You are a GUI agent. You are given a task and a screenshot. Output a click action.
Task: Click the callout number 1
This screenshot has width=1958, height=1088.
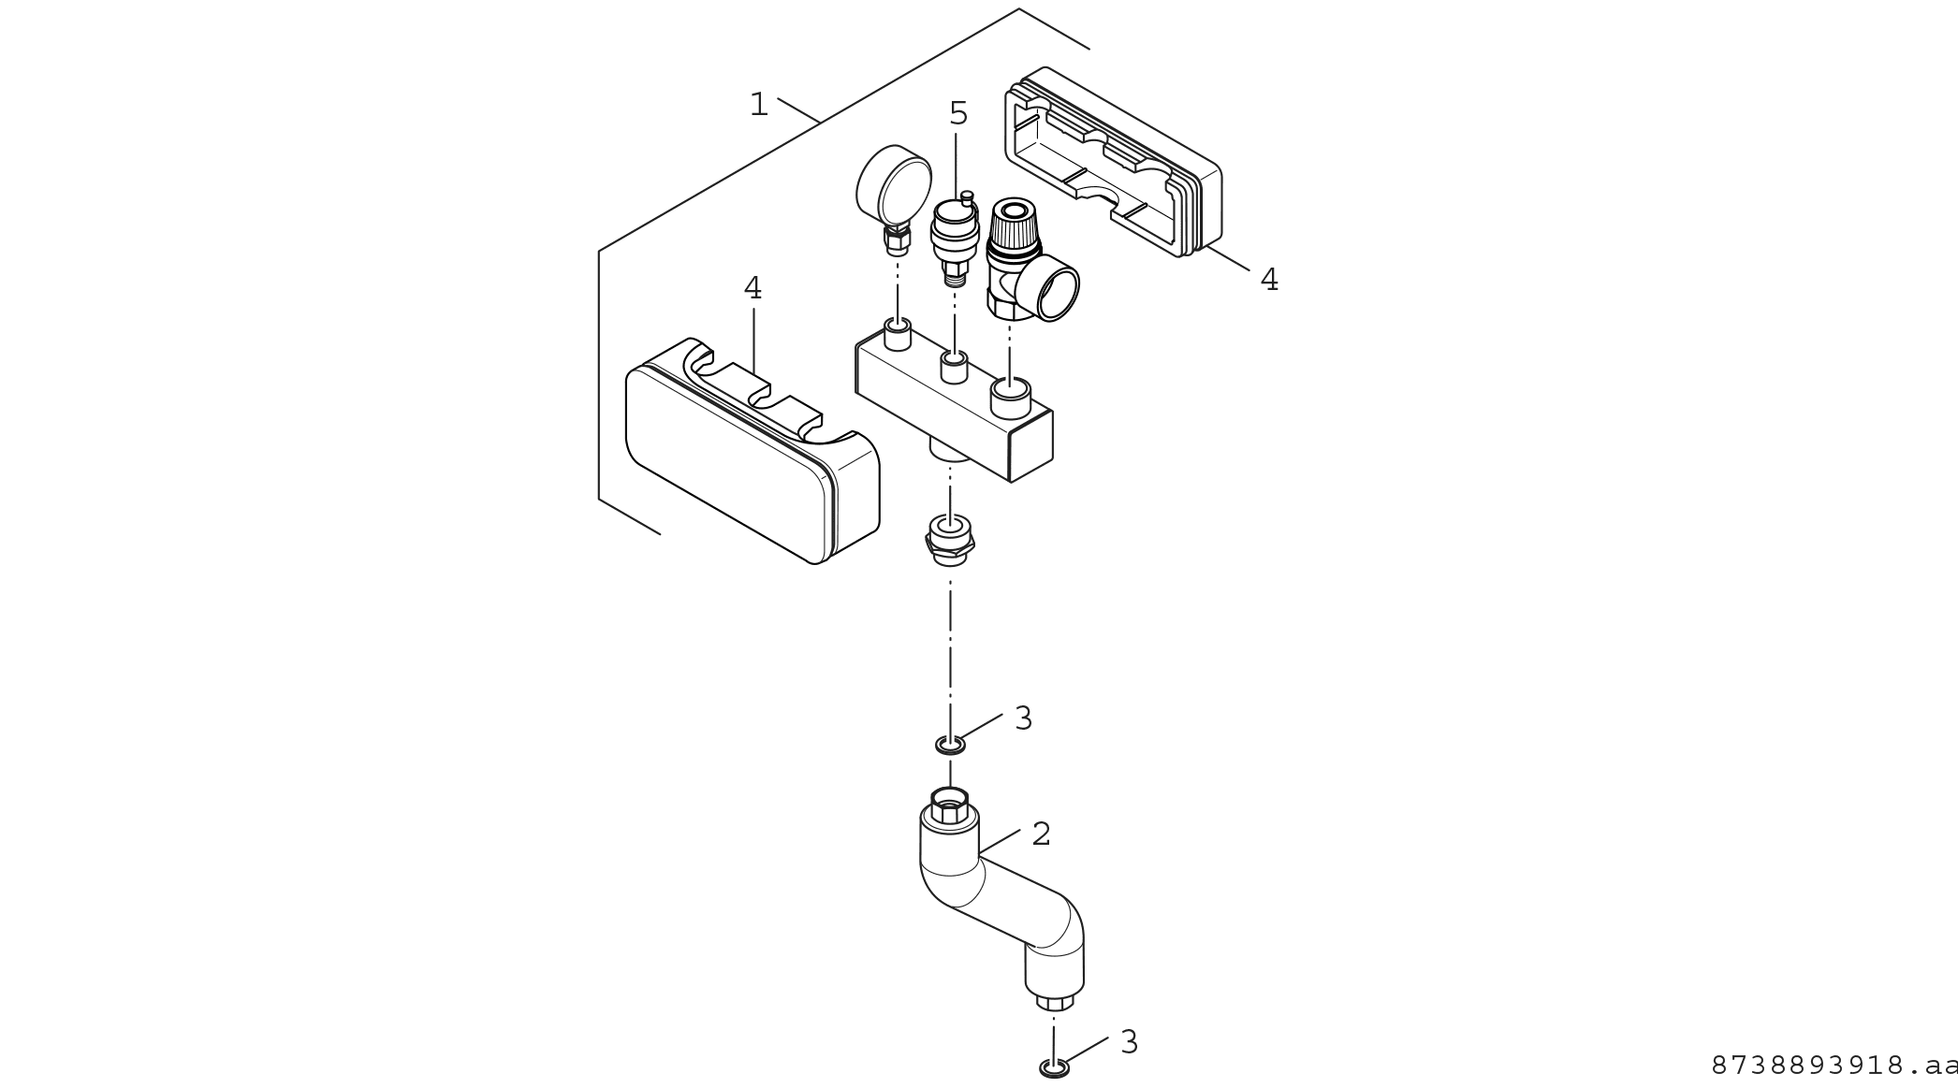pyautogui.click(x=758, y=105)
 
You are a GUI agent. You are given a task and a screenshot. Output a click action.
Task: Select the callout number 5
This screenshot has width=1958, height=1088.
pyautogui.click(x=958, y=114)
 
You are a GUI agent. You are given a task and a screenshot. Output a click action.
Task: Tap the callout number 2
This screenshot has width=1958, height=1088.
pyautogui.click(x=1041, y=834)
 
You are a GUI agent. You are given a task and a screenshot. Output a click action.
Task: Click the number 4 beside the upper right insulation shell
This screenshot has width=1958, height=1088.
pyautogui.click(x=1269, y=280)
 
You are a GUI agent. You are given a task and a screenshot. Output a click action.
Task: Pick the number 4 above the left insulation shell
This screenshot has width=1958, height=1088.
pyautogui.click(x=753, y=289)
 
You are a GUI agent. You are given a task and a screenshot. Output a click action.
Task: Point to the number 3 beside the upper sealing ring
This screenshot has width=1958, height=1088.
pyautogui.click(x=1023, y=718)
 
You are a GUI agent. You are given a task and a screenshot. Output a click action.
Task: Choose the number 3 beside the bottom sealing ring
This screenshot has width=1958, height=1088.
pyautogui.click(x=1129, y=1042)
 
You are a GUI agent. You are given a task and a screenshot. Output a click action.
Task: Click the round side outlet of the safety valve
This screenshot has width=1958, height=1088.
pyautogui.click(x=1051, y=292)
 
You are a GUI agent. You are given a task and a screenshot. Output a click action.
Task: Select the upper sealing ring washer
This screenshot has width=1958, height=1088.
pyautogui.click(x=950, y=745)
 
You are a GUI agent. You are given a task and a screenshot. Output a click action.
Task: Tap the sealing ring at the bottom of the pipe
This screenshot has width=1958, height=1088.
pyautogui.click(x=1054, y=1068)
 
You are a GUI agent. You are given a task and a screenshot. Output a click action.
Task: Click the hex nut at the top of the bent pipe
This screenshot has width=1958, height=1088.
pyautogui.click(x=949, y=806)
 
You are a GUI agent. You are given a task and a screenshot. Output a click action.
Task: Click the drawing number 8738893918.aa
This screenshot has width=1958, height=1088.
pyautogui.click(x=1833, y=1066)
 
